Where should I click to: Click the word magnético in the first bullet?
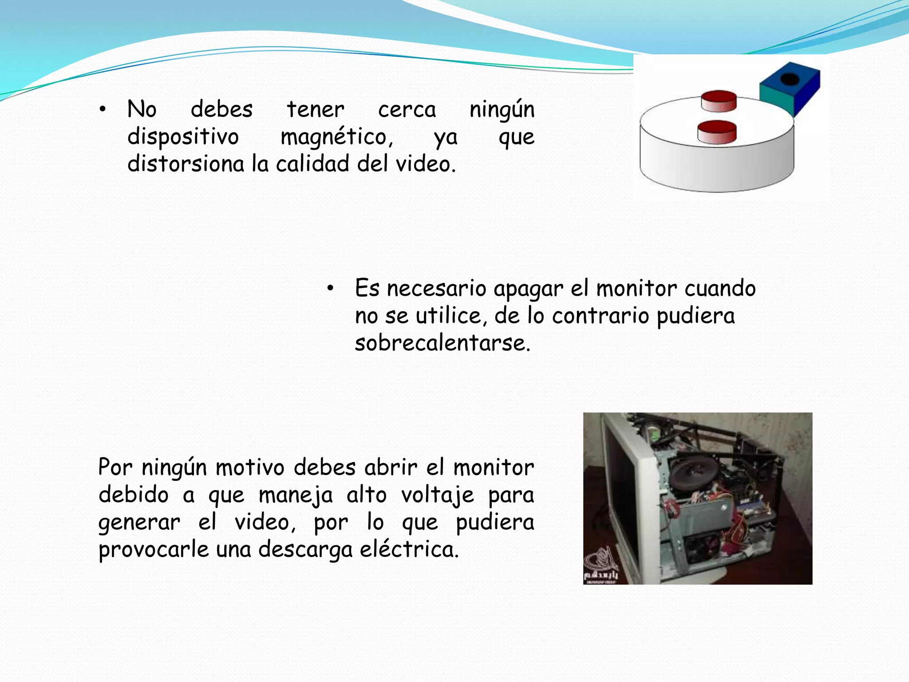point(336,137)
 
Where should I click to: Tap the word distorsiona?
point(186,164)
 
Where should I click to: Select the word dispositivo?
point(183,137)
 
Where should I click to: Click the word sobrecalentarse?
point(442,343)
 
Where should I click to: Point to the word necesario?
point(436,289)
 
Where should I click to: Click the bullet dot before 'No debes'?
point(103,109)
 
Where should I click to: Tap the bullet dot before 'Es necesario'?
point(330,289)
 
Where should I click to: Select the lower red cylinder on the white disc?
point(717,132)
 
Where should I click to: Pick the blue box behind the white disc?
point(794,91)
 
